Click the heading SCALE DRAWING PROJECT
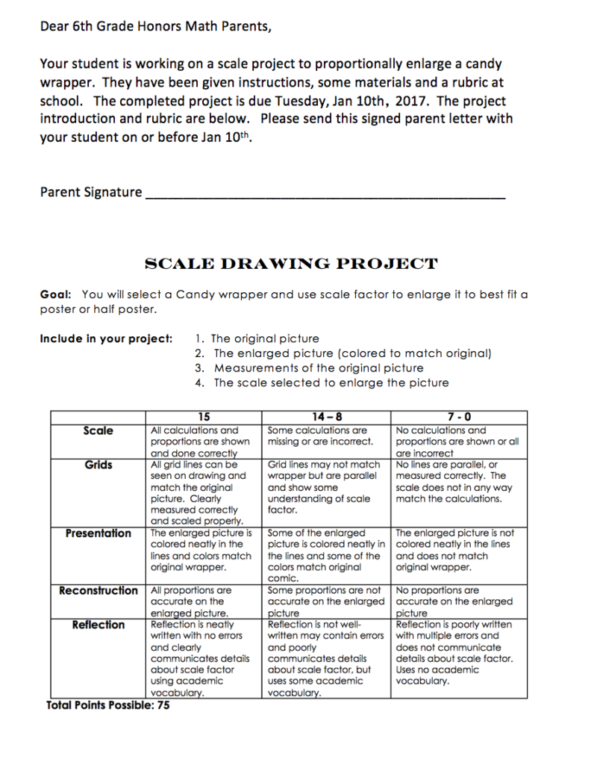pyautogui.click(x=290, y=264)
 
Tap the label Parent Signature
pyautogui.click(x=90, y=192)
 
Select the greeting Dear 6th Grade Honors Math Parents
pyautogui.click(x=155, y=28)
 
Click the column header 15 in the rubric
pyautogui.click(x=204, y=417)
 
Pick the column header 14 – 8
pyautogui.click(x=326, y=417)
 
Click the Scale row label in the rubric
pyautogui.click(x=99, y=430)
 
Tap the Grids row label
pyautogui.click(x=99, y=465)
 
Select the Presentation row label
pyautogui.click(x=99, y=533)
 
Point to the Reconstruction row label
pyautogui.click(x=99, y=590)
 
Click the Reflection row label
pyautogui.click(x=99, y=625)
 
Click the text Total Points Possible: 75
pyautogui.click(x=108, y=704)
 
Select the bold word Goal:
pyautogui.click(x=56, y=294)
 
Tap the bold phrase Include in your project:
pyautogui.click(x=106, y=338)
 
